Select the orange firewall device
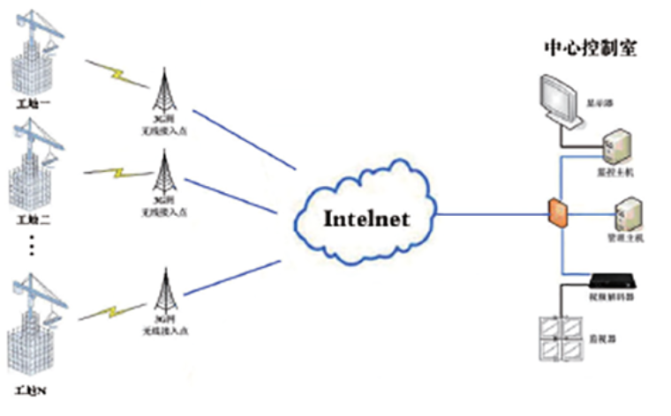556,212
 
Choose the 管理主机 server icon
628,211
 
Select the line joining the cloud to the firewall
490,213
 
